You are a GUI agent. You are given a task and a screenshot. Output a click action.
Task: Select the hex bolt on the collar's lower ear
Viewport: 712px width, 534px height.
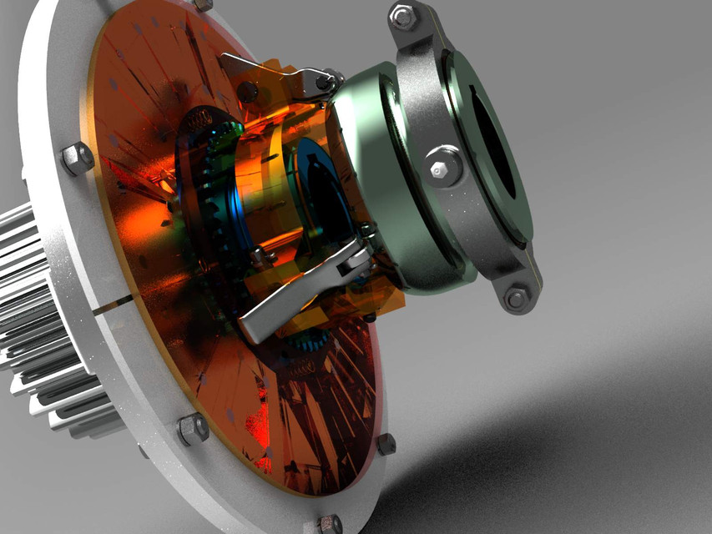click(x=517, y=297)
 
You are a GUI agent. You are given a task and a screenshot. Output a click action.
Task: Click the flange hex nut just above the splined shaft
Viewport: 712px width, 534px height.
click(x=77, y=158)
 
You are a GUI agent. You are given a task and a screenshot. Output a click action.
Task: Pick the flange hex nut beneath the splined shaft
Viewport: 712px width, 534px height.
click(x=193, y=429)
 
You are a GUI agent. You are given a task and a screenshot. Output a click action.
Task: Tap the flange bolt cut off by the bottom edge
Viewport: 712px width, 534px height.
click(x=330, y=525)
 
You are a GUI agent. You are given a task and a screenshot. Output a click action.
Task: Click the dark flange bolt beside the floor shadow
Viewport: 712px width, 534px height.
click(x=386, y=444)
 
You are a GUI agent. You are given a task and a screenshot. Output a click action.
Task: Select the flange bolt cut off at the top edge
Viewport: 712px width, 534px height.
click(x=203, y=4)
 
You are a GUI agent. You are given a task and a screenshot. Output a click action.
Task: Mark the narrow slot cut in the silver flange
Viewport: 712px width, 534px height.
click(x=113, y=305)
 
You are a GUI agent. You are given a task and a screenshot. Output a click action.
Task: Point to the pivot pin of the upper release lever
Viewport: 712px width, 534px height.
click(x=321, y=81)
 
